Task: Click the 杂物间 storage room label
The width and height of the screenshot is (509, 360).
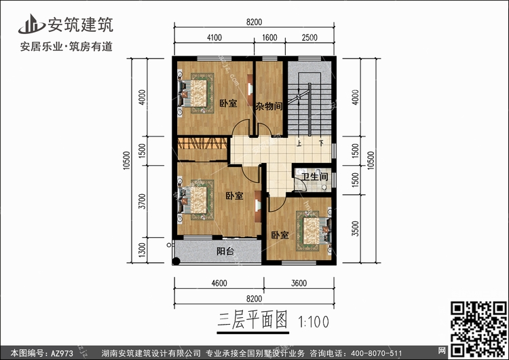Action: [x=269, y=107]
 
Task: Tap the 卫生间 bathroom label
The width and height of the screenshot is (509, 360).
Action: [x=315, y=177]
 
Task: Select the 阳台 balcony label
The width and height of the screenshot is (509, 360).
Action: [x=226, y=251]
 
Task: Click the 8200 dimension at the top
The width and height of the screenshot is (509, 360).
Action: [x=254, y=23]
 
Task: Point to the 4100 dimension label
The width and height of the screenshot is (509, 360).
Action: [x=214, y=39]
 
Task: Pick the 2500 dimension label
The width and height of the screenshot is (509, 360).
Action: [x=309, y=39]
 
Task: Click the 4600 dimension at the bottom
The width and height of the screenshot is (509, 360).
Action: [x=219, y=284]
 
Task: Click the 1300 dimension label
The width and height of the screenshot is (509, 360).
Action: [x=142, y=251]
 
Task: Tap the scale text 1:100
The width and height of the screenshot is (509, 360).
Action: [x=312, y=320]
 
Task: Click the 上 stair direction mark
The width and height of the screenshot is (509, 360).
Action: [x=299, y=144]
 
